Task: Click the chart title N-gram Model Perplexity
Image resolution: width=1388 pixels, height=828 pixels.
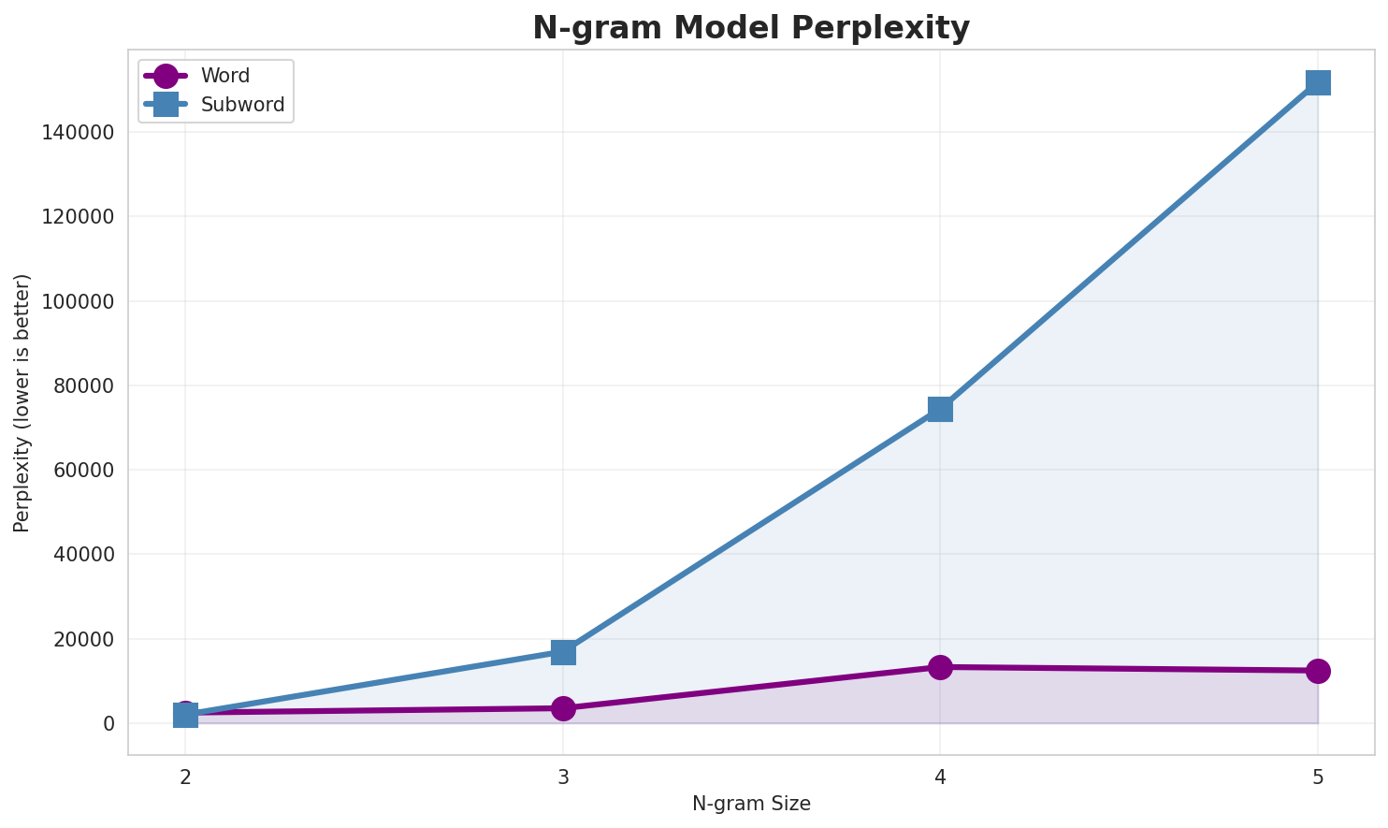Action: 751,28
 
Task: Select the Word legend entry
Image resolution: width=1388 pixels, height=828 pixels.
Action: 224,76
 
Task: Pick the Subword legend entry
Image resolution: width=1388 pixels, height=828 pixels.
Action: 242,105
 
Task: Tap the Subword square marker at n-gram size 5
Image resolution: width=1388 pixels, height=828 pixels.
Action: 1317,82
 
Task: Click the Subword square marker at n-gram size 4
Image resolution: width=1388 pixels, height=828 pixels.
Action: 940,409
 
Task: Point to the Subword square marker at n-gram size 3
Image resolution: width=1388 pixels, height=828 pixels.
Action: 563,651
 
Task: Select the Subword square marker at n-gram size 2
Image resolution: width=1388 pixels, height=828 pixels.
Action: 185,716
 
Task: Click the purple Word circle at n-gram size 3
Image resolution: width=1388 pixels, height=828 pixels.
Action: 563,708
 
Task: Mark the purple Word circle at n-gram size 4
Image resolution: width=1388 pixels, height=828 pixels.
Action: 940,667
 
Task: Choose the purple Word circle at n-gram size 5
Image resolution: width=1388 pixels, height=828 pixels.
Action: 1317,671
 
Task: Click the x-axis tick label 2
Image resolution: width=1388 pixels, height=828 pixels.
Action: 185,777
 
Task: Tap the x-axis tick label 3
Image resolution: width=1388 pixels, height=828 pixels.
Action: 563,777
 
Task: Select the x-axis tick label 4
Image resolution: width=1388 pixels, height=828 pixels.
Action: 940,777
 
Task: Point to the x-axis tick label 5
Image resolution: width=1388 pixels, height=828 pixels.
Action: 1317,777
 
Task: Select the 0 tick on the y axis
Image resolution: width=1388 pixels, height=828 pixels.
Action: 109,724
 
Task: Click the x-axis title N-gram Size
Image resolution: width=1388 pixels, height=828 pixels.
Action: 751,804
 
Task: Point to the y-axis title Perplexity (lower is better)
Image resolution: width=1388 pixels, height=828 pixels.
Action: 22,403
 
